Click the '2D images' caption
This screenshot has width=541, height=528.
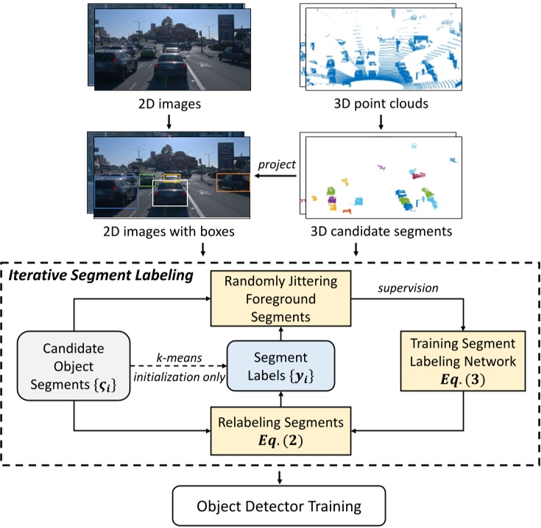click(x=169, y=105)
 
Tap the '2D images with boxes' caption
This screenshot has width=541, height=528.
click(x=169, y=232)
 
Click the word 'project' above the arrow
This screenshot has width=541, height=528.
click(x=277, y=165)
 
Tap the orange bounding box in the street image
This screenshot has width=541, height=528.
click(x=233, y=182)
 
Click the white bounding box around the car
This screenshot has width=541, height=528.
click(x=170, y=194)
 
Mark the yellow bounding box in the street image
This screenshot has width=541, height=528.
click(x=172, y=177)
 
